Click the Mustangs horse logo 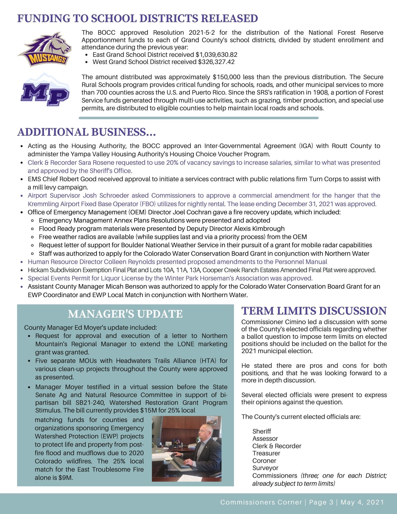[44, 49]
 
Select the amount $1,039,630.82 [216, 54]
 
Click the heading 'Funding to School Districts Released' [137, 19]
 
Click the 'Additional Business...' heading [87, 132]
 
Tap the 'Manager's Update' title [125, 314]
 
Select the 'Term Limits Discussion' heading [314, 311]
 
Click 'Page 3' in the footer [321, 502]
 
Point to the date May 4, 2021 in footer [362, 502]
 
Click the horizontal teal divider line [198, 118]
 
